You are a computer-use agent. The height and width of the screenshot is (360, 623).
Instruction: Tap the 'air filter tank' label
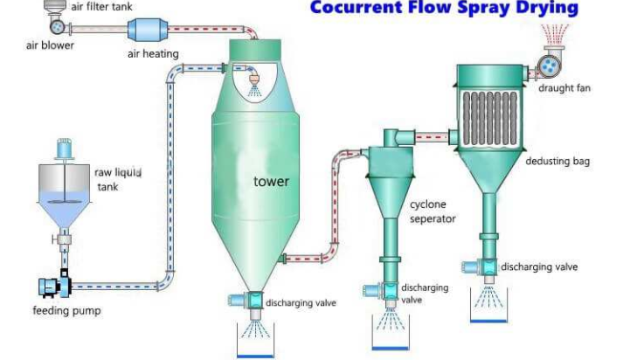point(101,6)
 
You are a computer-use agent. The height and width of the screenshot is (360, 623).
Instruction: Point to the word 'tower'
point(271,182)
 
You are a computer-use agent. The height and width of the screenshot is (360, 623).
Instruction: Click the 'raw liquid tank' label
point(117,179)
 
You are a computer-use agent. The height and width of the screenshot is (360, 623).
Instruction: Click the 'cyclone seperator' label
point(433,211)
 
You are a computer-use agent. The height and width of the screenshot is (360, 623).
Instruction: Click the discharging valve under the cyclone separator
point(389,292)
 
